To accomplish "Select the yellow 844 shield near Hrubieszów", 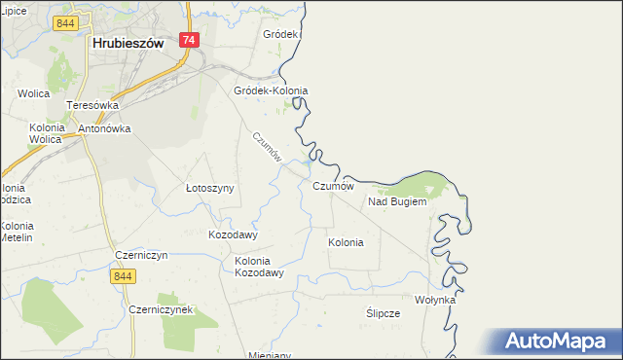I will click(x=66, y=22).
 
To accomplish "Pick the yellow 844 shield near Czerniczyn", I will click(x=122, y=277).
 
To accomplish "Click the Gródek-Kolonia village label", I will click(x=271, y=90).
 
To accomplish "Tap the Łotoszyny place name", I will click(x=210, y=188).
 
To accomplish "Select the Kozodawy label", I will click(x=233, y=234).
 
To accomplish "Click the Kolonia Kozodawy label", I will click(x=259, y=267).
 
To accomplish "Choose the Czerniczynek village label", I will click(x=161, y=308).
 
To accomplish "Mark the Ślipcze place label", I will click(x=383, y=313).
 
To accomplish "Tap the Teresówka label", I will click(x=92, y=105).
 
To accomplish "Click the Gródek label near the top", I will click(x=280, y=34).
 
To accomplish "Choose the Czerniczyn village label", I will click(x=141, y=255).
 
